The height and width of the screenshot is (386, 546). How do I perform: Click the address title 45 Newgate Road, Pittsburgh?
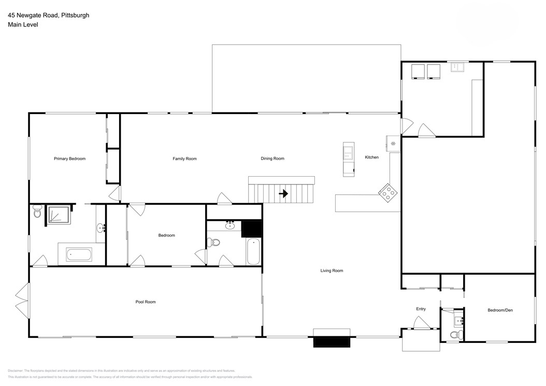tap(48, 16)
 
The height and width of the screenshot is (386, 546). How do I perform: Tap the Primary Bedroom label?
tap(69, 159)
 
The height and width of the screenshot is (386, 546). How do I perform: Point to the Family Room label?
tap(184, 159)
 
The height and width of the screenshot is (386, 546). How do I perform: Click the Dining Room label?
tap(272, 159)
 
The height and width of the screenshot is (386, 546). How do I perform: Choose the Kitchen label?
tap(371, 157)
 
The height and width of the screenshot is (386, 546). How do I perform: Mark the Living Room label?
tap(332, 270)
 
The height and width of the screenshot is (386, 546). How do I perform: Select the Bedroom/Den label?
tap(500, 310)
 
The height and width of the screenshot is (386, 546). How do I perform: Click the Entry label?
tap(421, 309)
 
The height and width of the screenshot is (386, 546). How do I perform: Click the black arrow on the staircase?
tap(283, 194)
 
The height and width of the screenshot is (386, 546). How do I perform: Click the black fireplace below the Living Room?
tap(332, 342)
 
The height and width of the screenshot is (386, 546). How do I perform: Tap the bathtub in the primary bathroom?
tap(79, 255)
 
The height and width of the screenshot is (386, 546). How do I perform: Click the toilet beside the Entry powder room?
tap(455, 335)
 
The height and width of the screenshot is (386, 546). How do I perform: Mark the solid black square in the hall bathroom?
tap(252, 228)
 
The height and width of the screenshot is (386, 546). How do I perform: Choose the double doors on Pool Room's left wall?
tap(22, 301)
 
